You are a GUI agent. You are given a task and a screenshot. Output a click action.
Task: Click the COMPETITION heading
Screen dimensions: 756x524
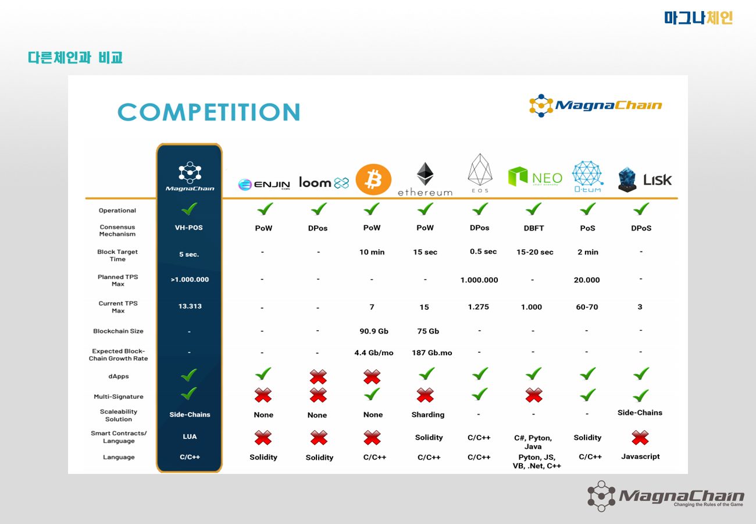pyautogui.click(x=209, y=112)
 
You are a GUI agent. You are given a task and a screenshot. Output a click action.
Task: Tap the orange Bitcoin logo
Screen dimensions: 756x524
pyautogui.click(x=373, y=179)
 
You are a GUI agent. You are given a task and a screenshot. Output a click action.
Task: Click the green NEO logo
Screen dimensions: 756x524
pyautogui.click(x=535, y=176)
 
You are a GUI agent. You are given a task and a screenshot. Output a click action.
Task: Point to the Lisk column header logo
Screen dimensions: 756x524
pyautogui.click(x=644, y=180)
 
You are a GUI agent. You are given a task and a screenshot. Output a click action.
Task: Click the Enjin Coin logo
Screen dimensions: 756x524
pyautogui.click(x=264, y=185)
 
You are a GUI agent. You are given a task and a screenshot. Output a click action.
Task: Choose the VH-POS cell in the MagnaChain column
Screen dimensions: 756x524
pyautogui.click(x=188, y=228)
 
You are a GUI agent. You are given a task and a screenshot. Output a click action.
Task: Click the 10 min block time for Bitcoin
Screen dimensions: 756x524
pyautogui.click(x=372, y=252)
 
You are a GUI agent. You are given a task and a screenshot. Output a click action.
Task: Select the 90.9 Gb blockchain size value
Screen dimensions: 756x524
pyautogui.click(x=373, y=331)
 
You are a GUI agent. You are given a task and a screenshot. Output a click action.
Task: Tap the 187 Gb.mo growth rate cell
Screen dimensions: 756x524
pyautogui.click(x=432, y=353)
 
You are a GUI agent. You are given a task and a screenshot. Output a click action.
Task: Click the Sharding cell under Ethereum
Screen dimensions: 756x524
pyautogui.click(x=427, y=415)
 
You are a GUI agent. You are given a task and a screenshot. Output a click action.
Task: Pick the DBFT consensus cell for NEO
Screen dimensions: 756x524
pyautogui.click(x=534, y=228)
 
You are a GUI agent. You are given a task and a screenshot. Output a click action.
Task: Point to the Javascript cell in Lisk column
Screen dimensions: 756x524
pyautogui.click(x=640, y=456)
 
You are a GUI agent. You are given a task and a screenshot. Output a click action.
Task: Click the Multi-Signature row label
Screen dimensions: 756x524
pyautogui.click(x=119, y=396)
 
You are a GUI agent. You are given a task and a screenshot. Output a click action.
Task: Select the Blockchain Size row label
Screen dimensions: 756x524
pyautogui.click(x=118, y=331)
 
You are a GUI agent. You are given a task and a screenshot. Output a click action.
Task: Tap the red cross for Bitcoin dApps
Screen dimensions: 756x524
pyautogui.click(x=372, y=377)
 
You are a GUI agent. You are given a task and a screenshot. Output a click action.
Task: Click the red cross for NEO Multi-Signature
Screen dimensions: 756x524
pyautogui.click(x=534, y=395)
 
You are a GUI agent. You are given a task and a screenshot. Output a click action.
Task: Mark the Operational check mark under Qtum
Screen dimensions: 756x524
pyautogui.click(x=587, y=209)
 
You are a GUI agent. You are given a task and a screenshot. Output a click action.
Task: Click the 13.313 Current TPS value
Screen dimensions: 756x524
pyautogui.click(x=190, y=306)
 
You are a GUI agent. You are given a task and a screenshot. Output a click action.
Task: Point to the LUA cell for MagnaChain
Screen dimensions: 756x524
pyautogui.click(x=190, y=437)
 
